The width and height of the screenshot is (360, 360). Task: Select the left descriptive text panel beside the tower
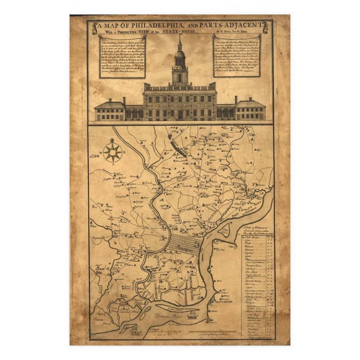click(x=116, y=56)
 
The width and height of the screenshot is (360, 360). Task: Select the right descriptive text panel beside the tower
click(x=237, y=55)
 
